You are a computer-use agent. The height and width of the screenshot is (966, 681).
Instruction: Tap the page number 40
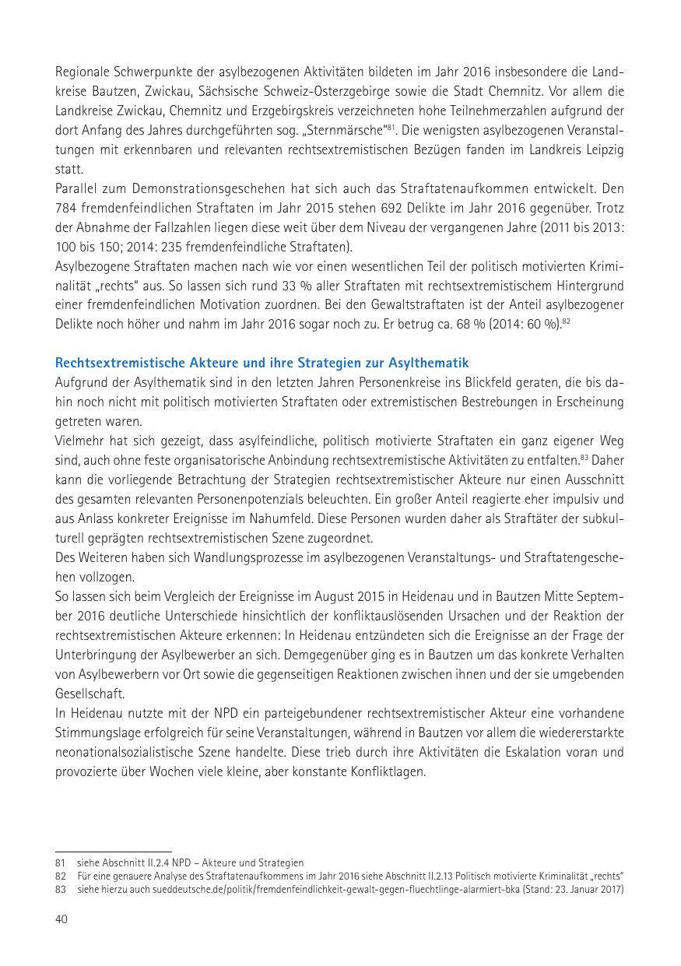tap(61, 919)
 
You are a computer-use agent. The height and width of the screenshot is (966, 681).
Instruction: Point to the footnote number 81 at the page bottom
tap(60, 862)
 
